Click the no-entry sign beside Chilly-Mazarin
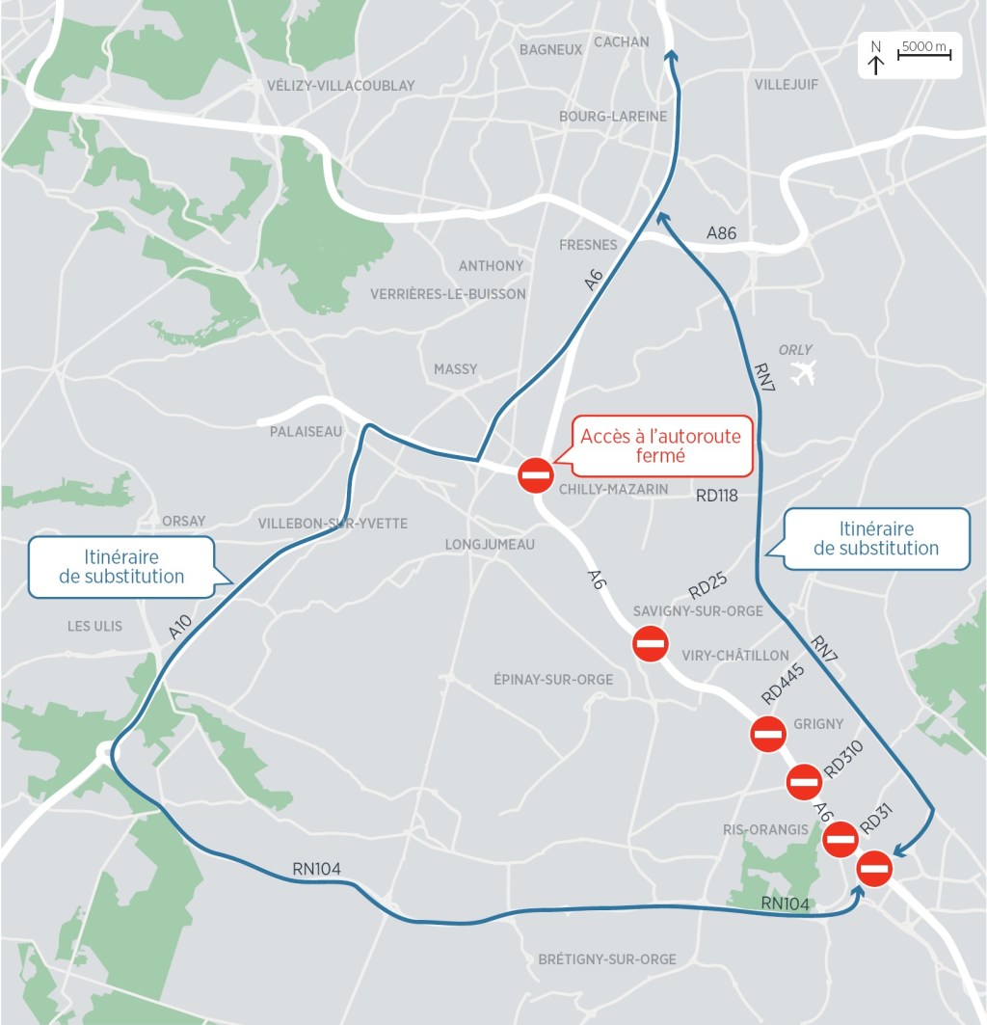tap(535, 474)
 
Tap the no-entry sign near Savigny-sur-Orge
tap(651, 643)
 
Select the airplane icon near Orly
tap(802, 372)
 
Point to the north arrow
tap(876, 59)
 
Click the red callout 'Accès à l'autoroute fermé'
tap(661, 445)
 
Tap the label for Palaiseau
tap(306, 432)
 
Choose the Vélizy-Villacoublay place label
tap(341, 86)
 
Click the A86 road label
tap(722, 232)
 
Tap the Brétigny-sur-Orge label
tap(607, 959)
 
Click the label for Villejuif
tap(787, 85)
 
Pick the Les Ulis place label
tap(94, 626)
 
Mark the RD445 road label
tap(783, 684)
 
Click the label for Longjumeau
tap(490, 545)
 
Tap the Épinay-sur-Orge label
tap(552, 680)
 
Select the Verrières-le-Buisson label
tap(448, 294)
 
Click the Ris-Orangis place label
tap(765, 829)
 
